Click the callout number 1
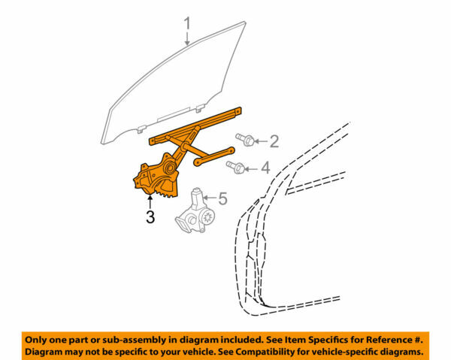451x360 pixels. pos(188,26)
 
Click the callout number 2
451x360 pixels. pos(274,140)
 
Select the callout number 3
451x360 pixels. pos(150,219)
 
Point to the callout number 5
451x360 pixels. pos(222,198)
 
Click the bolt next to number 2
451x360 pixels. pos(244,139)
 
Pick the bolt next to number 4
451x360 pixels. pos(235,167)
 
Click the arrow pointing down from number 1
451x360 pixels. pos(188,41)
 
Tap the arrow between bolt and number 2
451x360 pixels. pos(259,140)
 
